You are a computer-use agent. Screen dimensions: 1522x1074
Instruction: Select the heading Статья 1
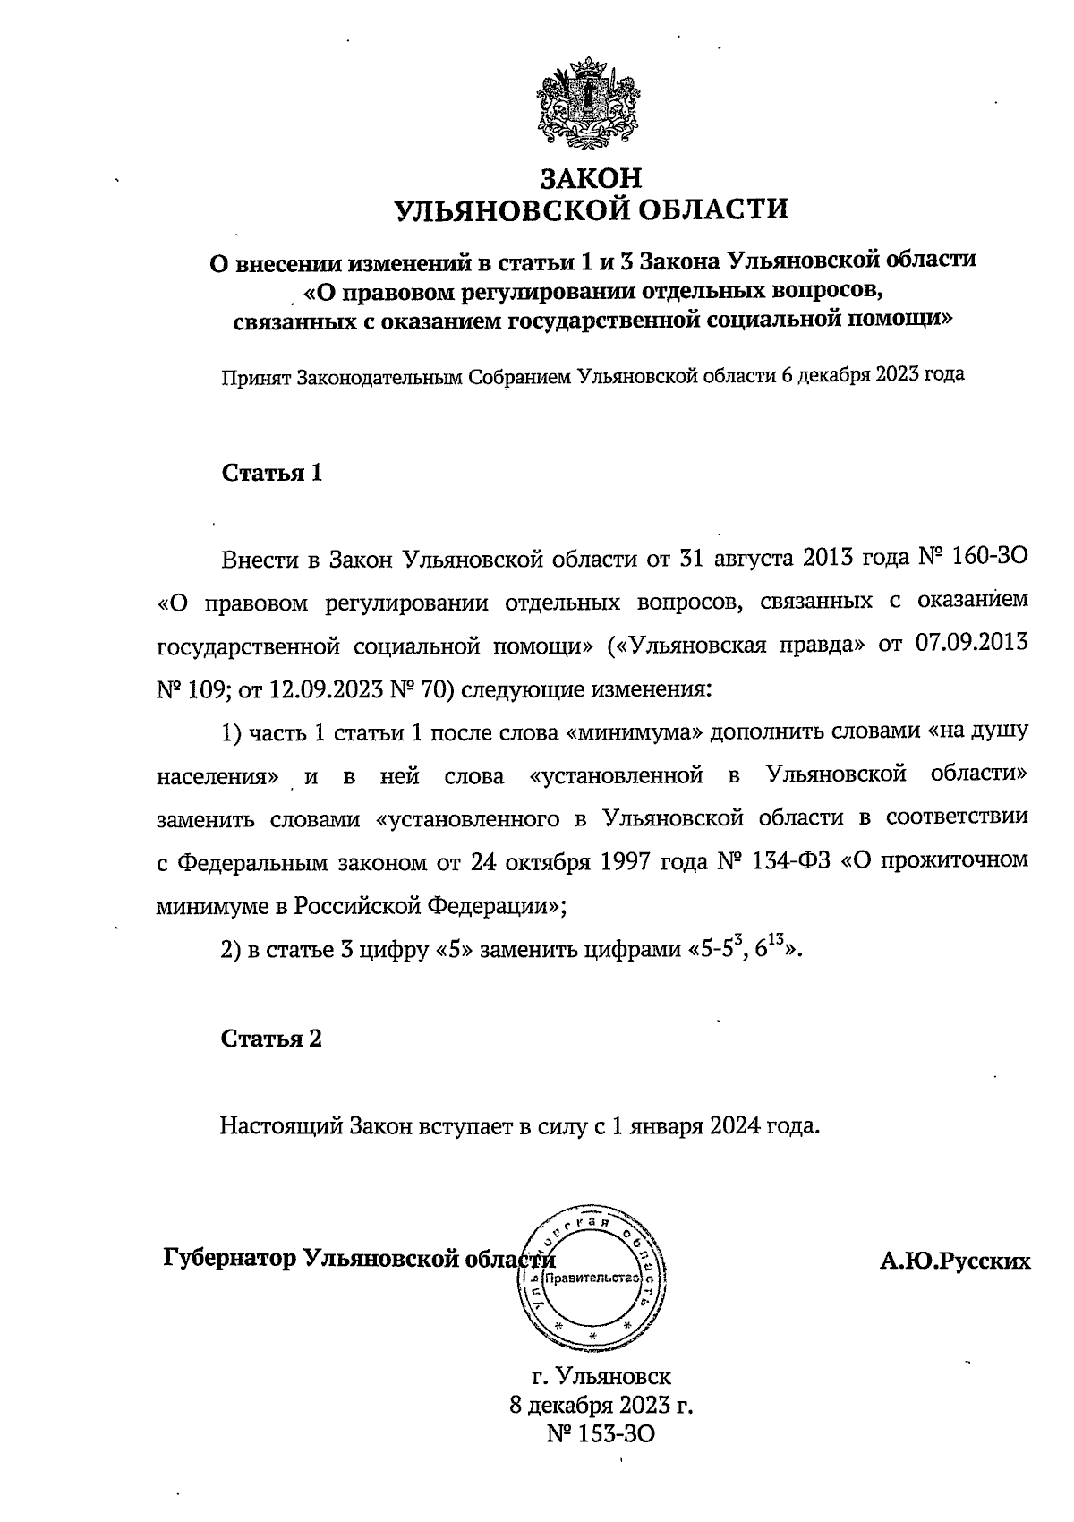(271, 473)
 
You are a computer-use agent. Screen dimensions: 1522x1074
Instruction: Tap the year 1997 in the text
(623, 861)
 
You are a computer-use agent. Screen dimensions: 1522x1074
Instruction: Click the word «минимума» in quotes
(635, 732)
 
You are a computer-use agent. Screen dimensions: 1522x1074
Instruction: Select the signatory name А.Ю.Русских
(955, 1261)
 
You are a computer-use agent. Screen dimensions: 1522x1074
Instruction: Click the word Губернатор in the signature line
(229, 1257)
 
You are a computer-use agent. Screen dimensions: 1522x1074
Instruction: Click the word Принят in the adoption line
(256, 376)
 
